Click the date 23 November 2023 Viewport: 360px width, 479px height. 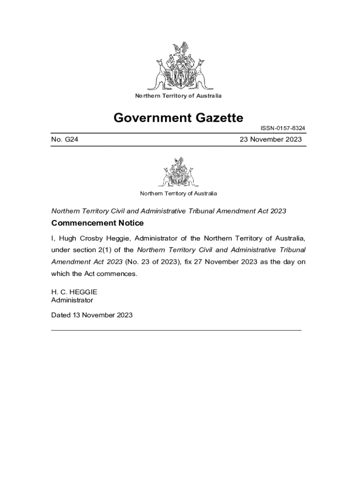tap(271, 139)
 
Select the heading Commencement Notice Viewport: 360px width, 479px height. tap(97, 223)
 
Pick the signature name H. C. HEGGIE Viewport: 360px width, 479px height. tap(74, 292)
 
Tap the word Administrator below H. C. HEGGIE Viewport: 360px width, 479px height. tap(72, 300)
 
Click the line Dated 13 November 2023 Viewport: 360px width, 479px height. tap(92, 315)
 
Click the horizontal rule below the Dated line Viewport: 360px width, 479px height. tap(176, 330)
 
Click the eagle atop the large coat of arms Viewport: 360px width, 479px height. tap(180, 49)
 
